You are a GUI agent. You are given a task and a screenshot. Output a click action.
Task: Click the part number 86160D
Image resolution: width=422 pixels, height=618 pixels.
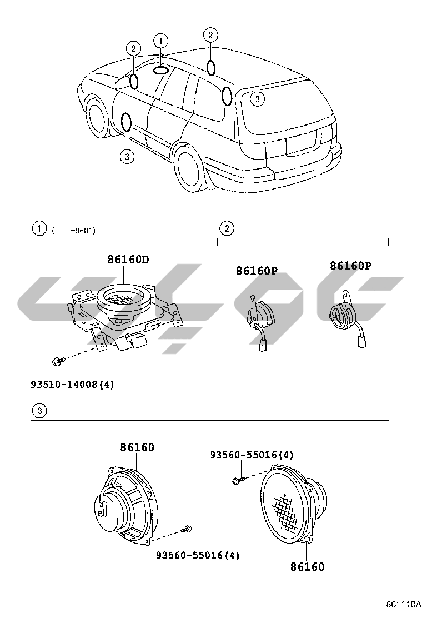coord(128,259)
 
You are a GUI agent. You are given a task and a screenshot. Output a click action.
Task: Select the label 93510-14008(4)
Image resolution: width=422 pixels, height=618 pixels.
coord(72,384)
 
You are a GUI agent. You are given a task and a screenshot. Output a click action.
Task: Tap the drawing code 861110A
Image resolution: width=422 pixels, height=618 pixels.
coord(404,605)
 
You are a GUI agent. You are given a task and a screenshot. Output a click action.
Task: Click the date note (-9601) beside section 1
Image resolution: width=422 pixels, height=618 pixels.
coord(74,230)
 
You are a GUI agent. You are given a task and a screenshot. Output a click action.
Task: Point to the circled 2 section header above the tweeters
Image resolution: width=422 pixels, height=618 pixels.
coord(226,228)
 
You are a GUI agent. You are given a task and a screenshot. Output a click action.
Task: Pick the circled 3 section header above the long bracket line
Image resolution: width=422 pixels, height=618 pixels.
coord(38,411)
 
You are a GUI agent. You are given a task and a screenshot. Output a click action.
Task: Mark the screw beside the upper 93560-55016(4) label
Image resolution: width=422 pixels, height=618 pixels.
coord(238,479)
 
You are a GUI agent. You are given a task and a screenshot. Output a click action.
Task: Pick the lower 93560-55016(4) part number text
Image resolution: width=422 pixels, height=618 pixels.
coord(198,555)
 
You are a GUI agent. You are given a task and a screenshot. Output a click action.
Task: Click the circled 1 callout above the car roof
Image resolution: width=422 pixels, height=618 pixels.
coord(160,41)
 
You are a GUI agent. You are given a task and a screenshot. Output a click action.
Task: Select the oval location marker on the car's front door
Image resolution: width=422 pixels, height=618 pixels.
coord(127,122)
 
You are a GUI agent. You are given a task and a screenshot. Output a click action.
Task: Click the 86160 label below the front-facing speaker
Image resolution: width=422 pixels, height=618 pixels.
coord(307,567)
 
